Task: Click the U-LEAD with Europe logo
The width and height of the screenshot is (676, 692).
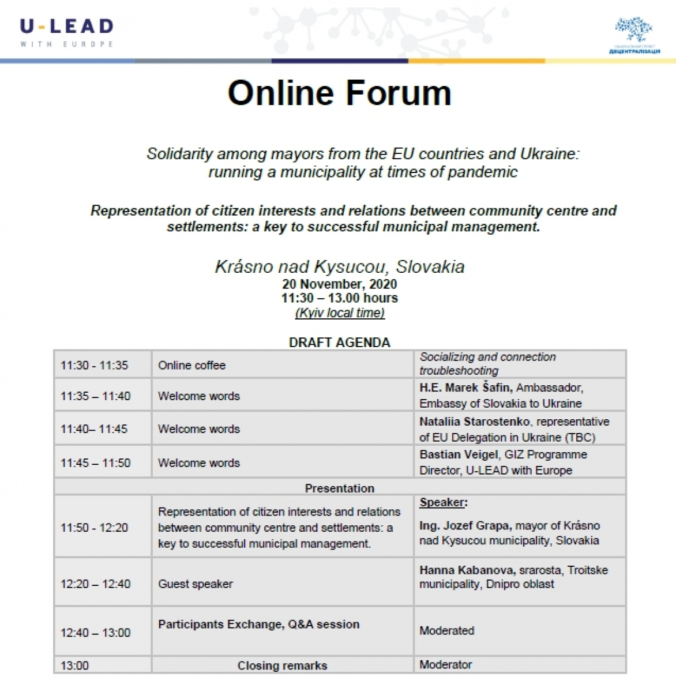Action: coord(67,32)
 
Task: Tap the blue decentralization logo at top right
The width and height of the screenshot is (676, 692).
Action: coord(634,35)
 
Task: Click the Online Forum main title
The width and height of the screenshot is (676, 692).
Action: coord(339,93)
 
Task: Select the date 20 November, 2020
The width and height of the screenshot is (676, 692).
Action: coord(339,284)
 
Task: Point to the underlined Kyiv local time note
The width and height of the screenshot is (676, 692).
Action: coord(340,313)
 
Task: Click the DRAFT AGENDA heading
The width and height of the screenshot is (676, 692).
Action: coord(339,343)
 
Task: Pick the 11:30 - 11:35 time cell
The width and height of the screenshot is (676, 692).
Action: coord(94,366)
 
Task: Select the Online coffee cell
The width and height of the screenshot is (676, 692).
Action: coord(192,366)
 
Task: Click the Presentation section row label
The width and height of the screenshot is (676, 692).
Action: coord(339,488)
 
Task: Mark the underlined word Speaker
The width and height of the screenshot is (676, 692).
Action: coord(442,502)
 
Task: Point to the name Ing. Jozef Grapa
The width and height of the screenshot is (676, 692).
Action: coord(464,526)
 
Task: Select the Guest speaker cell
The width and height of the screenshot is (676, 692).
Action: coord(196,584)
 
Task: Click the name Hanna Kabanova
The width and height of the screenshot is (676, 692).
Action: coord(466,570)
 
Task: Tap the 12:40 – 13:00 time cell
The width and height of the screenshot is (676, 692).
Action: coord(96,633)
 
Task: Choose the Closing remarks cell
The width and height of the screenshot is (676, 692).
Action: coord(282,665)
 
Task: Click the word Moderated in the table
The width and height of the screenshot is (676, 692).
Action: coord(447,631)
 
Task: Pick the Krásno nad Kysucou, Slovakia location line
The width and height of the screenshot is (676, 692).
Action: coord(339,266)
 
